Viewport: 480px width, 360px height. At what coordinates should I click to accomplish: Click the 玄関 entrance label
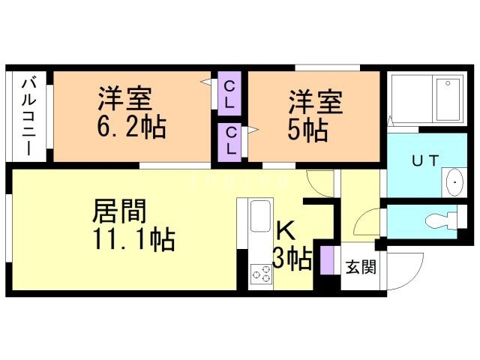358,265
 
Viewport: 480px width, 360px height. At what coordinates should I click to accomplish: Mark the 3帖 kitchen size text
292,259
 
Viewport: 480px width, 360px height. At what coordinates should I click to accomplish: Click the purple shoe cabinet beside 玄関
325,259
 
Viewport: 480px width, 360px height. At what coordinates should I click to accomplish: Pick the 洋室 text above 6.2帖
124,99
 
